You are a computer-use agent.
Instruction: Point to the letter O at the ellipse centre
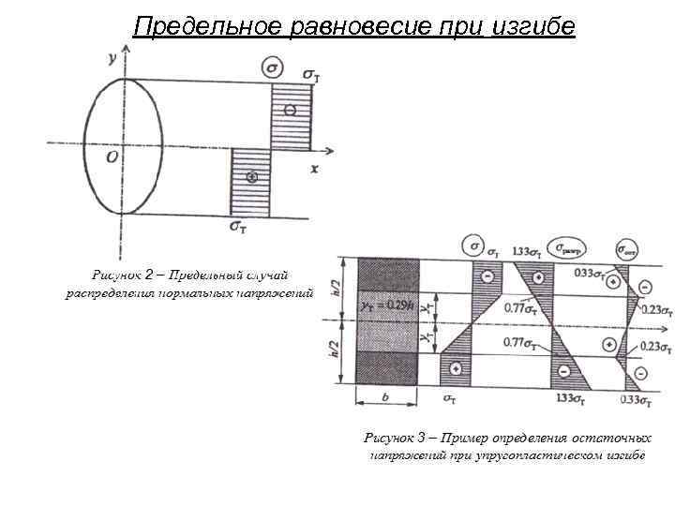112,157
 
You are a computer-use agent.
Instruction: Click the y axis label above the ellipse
112,58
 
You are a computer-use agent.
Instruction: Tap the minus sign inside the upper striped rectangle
291,111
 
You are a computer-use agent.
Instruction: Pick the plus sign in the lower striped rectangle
250,177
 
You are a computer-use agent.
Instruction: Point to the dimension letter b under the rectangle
386,397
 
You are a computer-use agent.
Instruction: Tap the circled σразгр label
567,249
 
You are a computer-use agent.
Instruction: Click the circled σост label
626,249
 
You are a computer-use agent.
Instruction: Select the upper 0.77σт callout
520,306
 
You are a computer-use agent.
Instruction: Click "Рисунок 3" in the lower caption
403,438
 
